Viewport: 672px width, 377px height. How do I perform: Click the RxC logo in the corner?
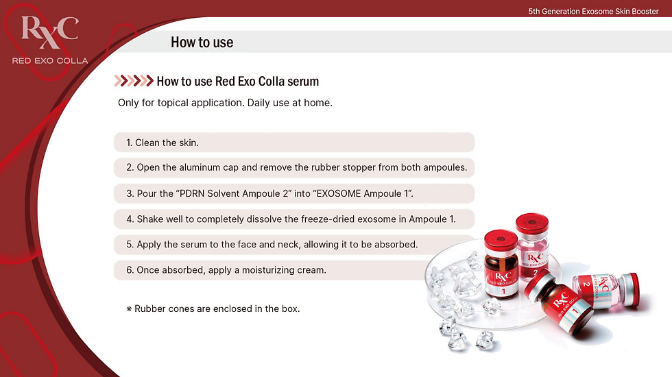pos(50,32)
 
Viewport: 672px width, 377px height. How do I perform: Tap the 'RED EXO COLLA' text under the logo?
pos(50,61)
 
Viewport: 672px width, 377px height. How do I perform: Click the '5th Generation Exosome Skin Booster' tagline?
pos(593,12)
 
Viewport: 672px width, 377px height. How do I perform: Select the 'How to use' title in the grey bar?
pos(202,42)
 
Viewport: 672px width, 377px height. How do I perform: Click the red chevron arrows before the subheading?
pos(134,81)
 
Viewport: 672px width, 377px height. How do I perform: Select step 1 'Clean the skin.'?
pos(163,143)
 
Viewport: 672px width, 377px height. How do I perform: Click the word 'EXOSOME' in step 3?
pos(339,193)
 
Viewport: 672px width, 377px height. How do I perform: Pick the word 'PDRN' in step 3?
pos(191,193)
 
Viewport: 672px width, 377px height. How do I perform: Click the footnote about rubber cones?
pos(213,308)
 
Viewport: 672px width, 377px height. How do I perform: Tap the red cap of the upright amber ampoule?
pos(501,239)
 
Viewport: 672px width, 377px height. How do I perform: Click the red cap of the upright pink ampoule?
pos(532,223)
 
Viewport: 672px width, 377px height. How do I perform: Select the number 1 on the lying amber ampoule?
pos(575,311)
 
